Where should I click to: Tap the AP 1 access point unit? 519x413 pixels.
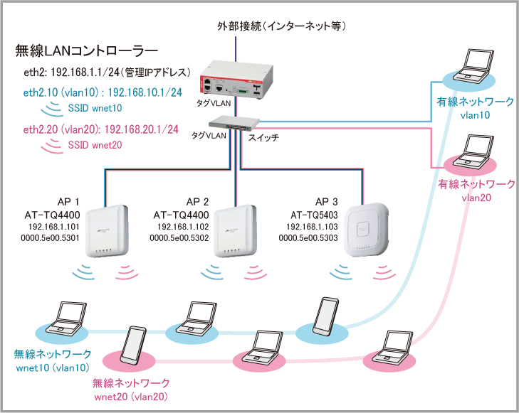[106, 232]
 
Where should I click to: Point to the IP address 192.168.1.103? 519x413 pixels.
[315, 226]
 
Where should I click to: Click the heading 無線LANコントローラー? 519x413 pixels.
[86, 51]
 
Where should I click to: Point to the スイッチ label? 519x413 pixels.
[263, 136]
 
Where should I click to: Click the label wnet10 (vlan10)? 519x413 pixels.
[52, 368]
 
